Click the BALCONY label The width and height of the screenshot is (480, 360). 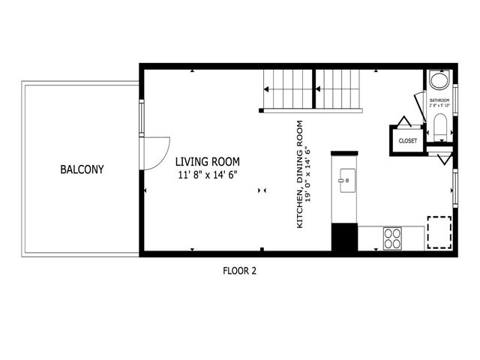tap(82, 169)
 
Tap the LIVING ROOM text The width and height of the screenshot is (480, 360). tap(207, 161)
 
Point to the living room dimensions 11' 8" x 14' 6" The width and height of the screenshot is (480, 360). tap(207, 175)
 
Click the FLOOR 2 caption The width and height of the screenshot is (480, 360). tap(240, 271)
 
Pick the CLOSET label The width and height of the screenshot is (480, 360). tap(407, 140)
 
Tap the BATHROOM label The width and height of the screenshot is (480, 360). tap(439, 100)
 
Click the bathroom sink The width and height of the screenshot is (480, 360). tap(439, 81)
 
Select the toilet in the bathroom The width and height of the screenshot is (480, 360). tap(440, 127)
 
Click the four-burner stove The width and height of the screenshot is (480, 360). tap(392, 238)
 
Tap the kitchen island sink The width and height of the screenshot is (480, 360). tap(346, 180)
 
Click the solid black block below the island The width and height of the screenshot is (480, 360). tap(344, 238)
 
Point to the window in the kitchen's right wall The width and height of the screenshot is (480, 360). tap(454, 187)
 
